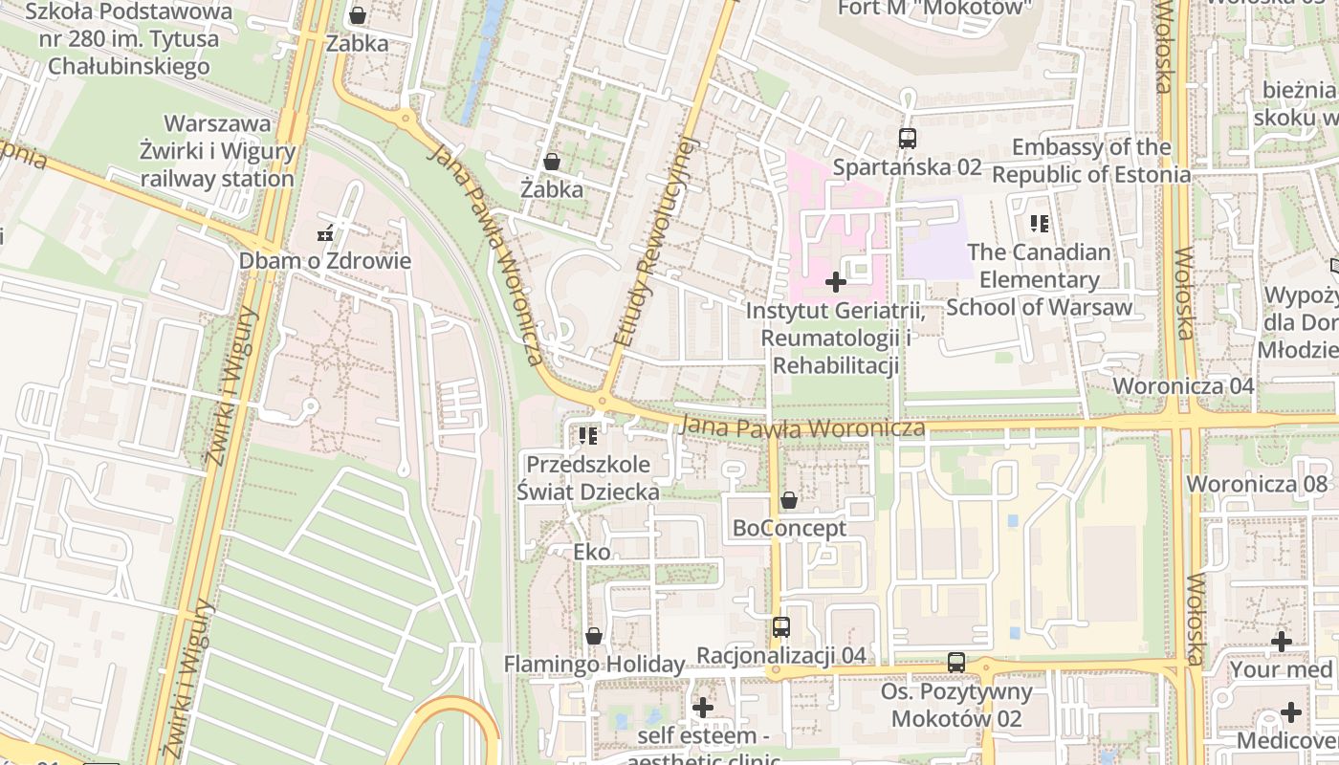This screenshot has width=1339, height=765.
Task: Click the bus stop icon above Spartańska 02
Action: coord(908,139)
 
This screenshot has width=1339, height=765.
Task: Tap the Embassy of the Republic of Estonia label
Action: coord(1091,161)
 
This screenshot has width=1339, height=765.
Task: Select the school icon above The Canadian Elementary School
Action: coord(1040,225)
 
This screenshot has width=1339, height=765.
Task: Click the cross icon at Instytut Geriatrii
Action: coord(836,282)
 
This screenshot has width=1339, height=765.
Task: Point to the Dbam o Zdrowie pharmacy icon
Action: coord(325,233)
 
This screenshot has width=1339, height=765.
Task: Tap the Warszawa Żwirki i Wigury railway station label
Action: coord(217,151)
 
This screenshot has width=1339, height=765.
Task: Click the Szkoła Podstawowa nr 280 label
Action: coord(128,39)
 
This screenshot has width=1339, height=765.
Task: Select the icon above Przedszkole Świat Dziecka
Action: coord(587,436)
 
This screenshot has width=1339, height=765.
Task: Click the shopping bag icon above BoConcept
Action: coord(789,500)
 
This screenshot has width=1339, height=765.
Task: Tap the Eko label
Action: coord(591,552)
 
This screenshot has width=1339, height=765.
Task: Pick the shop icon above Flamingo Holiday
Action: coord(594,636)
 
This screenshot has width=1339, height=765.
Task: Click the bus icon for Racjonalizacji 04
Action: coord(781,627)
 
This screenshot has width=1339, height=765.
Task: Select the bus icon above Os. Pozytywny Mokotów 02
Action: coord(956,662)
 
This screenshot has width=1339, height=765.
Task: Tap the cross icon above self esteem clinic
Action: coord(703,708)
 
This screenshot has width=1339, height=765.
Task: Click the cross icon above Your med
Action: coord(1282,642)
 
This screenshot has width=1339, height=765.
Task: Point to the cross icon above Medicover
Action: coord(1291,712)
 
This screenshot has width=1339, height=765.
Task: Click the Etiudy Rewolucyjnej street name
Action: coord(658,241)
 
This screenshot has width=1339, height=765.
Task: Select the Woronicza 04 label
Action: coord(1183,386)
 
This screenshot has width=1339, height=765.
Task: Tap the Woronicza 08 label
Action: coord(1258,484)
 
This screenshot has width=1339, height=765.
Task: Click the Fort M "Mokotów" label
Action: coord(935,8)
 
